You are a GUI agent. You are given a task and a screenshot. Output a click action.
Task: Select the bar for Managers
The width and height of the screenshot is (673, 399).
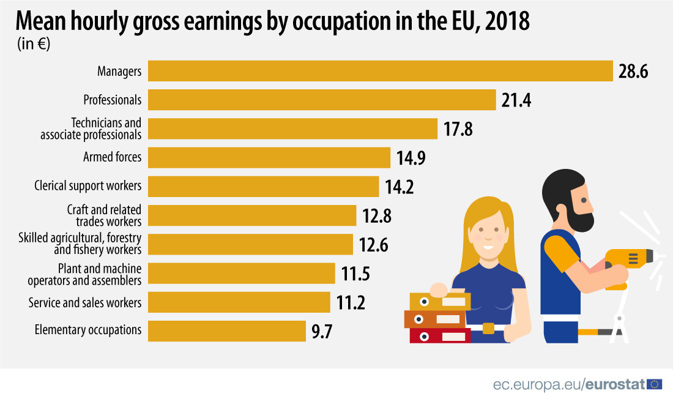tap(380, 71)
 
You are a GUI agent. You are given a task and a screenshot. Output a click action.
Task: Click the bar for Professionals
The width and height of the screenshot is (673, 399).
tap(322, 100)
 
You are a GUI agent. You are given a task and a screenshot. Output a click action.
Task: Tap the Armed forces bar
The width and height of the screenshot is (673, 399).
tap(269, 157)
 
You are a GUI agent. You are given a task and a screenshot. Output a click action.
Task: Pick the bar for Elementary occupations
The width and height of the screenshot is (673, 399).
tap(227, 330)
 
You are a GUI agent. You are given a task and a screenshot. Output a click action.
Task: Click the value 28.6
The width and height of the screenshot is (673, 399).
tap(633, 72)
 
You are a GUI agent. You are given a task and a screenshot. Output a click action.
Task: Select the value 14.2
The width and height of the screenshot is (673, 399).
tap(400, 187)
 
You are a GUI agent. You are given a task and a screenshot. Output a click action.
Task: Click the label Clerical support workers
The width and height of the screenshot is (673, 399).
tap(88, 185)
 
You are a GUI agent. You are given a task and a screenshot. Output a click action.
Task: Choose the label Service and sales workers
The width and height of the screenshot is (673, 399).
tap(85, 302)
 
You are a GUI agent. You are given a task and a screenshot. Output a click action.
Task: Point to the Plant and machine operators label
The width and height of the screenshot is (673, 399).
tap(85, 274)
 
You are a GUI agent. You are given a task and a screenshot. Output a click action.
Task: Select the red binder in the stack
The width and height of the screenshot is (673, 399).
tap(440, 335)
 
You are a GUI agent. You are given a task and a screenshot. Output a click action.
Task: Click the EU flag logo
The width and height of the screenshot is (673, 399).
tap(655, 384)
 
